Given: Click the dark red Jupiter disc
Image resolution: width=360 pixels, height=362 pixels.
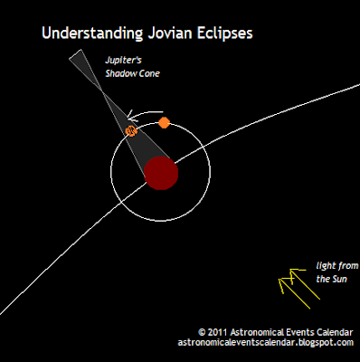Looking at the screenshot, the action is point(162,172).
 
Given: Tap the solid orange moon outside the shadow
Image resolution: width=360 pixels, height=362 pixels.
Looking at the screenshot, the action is point(164,122).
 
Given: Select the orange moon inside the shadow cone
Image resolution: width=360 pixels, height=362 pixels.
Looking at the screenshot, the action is point(131,132).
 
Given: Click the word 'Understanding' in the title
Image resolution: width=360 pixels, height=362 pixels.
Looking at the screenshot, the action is point(89,35).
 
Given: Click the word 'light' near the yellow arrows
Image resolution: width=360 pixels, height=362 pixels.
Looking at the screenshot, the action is point(325,267).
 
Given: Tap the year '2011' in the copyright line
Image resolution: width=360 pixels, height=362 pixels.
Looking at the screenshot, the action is point(222,332).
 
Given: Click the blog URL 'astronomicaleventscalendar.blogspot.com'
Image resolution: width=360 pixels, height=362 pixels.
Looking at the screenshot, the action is point(266,343).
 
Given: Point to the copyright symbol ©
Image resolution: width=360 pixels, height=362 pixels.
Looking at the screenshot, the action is point(203,332).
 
